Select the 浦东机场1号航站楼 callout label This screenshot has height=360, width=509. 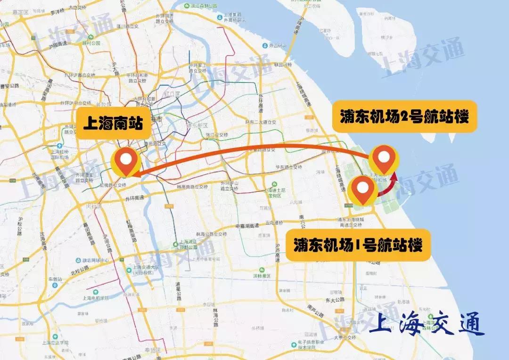(x=358, y=245)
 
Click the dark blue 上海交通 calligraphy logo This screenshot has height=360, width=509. (x=427, y=325)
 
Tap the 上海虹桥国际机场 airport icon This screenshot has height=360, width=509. (x=60, y=146)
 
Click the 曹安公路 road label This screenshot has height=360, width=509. (x=10, y=86)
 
